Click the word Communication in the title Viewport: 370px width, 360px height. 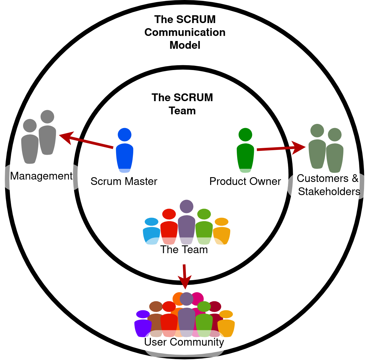tap(185, 32)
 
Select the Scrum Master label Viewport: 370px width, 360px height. tap(124, 181)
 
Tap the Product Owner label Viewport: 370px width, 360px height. tap(245, 181)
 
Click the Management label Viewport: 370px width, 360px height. tap(41, 176)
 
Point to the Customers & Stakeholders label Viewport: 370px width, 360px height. tap(328, 185)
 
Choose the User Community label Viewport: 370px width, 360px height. tap(184, 342)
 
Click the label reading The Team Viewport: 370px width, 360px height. tap(184, 250)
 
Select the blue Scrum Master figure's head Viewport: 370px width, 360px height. tap(125, 135)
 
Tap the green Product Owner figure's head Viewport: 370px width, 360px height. tap(245, 135)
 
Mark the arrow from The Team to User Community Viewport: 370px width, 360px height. tap(184, 277)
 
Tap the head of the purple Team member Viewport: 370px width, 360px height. tap(186, 206)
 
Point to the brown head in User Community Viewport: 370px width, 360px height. tap(156, 307)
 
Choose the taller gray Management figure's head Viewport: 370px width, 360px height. tap(47, 117)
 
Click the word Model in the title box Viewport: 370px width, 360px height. tap(185, 45)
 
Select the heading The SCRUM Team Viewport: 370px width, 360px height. tap(182, 104)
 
